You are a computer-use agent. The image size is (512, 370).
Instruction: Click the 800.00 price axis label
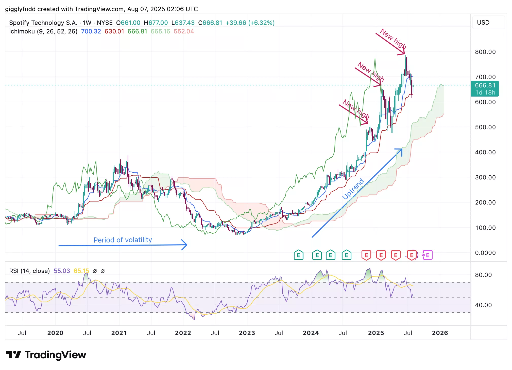(485, 52)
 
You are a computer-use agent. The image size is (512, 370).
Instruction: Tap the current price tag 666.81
(485, 86)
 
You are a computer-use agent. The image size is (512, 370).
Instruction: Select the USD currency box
(483, 23)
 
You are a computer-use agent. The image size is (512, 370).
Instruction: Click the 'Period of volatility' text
(123, 240)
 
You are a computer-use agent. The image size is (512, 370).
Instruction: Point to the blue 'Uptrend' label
(353, 189)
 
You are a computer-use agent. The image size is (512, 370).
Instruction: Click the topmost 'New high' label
(393, 39)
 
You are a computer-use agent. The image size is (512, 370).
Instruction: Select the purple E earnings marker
(428, 255)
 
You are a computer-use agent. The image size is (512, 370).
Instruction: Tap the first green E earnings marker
(299, 255)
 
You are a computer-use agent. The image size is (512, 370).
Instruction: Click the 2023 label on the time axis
(247, 333)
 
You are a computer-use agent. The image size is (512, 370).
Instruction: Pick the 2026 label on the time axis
(440, 333)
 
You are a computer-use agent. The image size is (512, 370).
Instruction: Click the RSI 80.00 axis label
(483, 275)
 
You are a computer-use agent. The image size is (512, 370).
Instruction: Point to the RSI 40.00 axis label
(483, 305)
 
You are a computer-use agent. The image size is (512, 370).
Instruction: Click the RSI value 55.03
(62, 271)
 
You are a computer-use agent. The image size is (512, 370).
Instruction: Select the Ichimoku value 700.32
(91, 31)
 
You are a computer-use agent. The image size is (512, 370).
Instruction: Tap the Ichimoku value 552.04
(184, 31)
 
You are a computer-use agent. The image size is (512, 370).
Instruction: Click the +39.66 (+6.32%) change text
(250, 23)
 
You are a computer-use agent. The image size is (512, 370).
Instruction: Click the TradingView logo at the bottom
(46, 355)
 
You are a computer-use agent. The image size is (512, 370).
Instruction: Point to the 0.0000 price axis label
(485, 253)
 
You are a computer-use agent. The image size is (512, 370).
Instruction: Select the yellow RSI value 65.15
(81, 271)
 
